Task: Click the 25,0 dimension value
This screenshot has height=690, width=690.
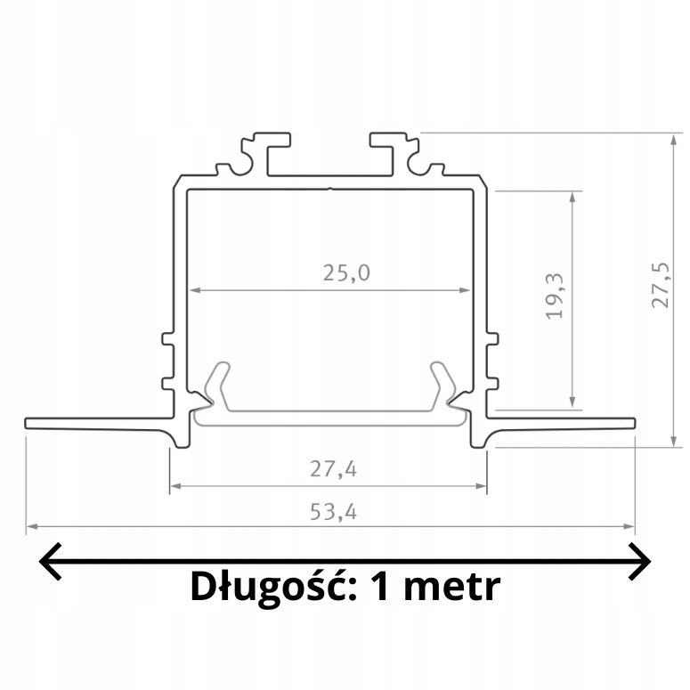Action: click(346, 272)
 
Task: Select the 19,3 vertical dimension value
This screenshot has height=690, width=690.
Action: click(555, 296)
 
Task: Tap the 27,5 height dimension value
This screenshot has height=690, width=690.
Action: click(660, 285)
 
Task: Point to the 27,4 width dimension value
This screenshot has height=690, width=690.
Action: click(334, 468)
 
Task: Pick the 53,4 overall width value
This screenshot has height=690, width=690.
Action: click(334, 512)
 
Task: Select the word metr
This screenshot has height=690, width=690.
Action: click(452, 588)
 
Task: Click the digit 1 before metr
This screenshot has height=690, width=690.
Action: click(380, 587)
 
